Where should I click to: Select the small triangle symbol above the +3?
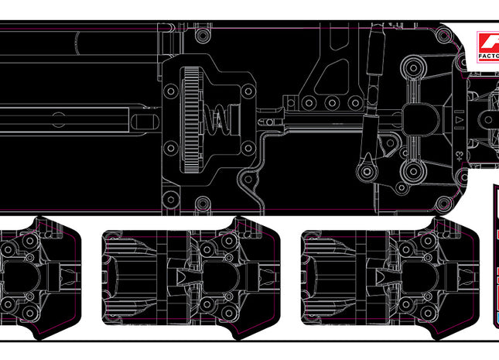(460, 121)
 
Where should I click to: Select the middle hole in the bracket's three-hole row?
(331, 103)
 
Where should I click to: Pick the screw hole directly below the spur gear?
(203, 204)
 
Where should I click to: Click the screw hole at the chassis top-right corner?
(445, 37)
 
